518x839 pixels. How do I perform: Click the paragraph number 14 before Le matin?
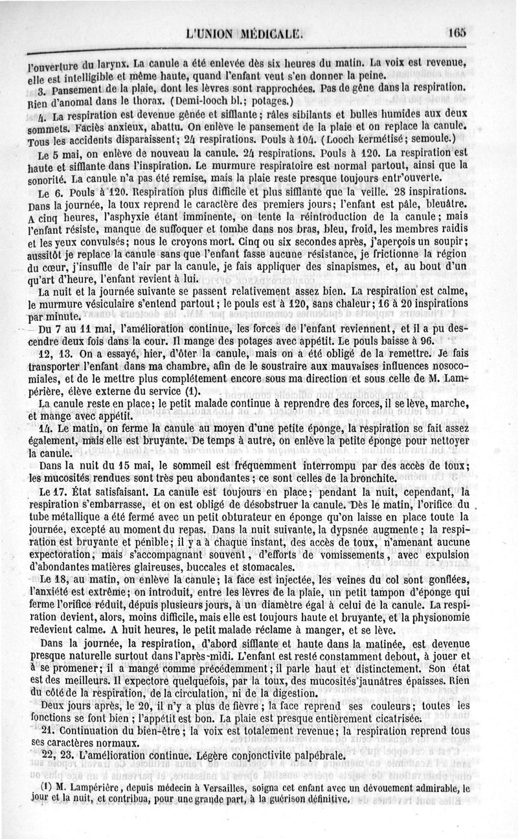pos(44,429)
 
